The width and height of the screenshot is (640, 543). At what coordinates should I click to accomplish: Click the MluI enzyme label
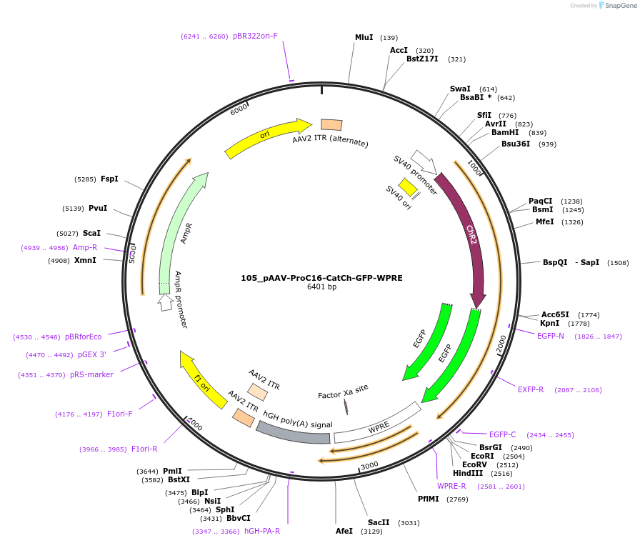[364, 37]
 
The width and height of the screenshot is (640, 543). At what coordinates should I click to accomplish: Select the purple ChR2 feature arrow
[468, 236]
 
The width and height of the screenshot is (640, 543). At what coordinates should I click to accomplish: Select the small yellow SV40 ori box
[408, 187]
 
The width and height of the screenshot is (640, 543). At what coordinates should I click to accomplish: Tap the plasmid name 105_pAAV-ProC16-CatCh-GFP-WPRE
[321, 277]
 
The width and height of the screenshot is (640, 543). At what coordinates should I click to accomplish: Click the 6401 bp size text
[321, 287]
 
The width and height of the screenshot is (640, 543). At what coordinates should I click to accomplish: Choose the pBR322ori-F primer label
[255, 36]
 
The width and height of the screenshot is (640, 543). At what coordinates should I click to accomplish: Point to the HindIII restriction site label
[468, 473]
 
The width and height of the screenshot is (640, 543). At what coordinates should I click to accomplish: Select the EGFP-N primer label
[551, 336]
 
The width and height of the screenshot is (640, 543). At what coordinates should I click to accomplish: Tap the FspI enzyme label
[109, 179]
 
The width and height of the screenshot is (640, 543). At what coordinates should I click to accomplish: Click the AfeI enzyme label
[344, 531]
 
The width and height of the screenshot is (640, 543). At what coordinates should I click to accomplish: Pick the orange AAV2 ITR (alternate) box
[331, 125]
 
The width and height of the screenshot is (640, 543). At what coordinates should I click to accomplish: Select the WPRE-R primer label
[451, 486]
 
